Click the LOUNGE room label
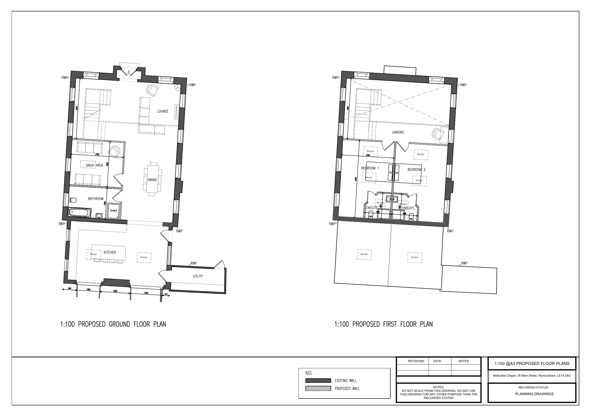[x=162, y=111]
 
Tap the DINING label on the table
[x=152, y=180]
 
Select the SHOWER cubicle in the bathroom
[x=114, y=211]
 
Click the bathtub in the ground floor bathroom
[x=79, y=213]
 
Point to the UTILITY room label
[x=198, y=276]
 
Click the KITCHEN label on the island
[x=110, y=252]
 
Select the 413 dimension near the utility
[x=166, y=294]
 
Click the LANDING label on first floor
[x=398, y=132]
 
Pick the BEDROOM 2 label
[x=416, y=170]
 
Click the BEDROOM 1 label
[x=370, y=168]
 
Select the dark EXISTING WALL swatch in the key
[x=318, y=380]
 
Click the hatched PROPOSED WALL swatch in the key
[x=318, y=388]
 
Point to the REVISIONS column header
[x=416, y=361]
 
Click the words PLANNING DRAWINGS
[x=534, y=394]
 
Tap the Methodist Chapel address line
[x=532, y=376]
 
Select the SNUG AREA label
[x=94, y=165]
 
